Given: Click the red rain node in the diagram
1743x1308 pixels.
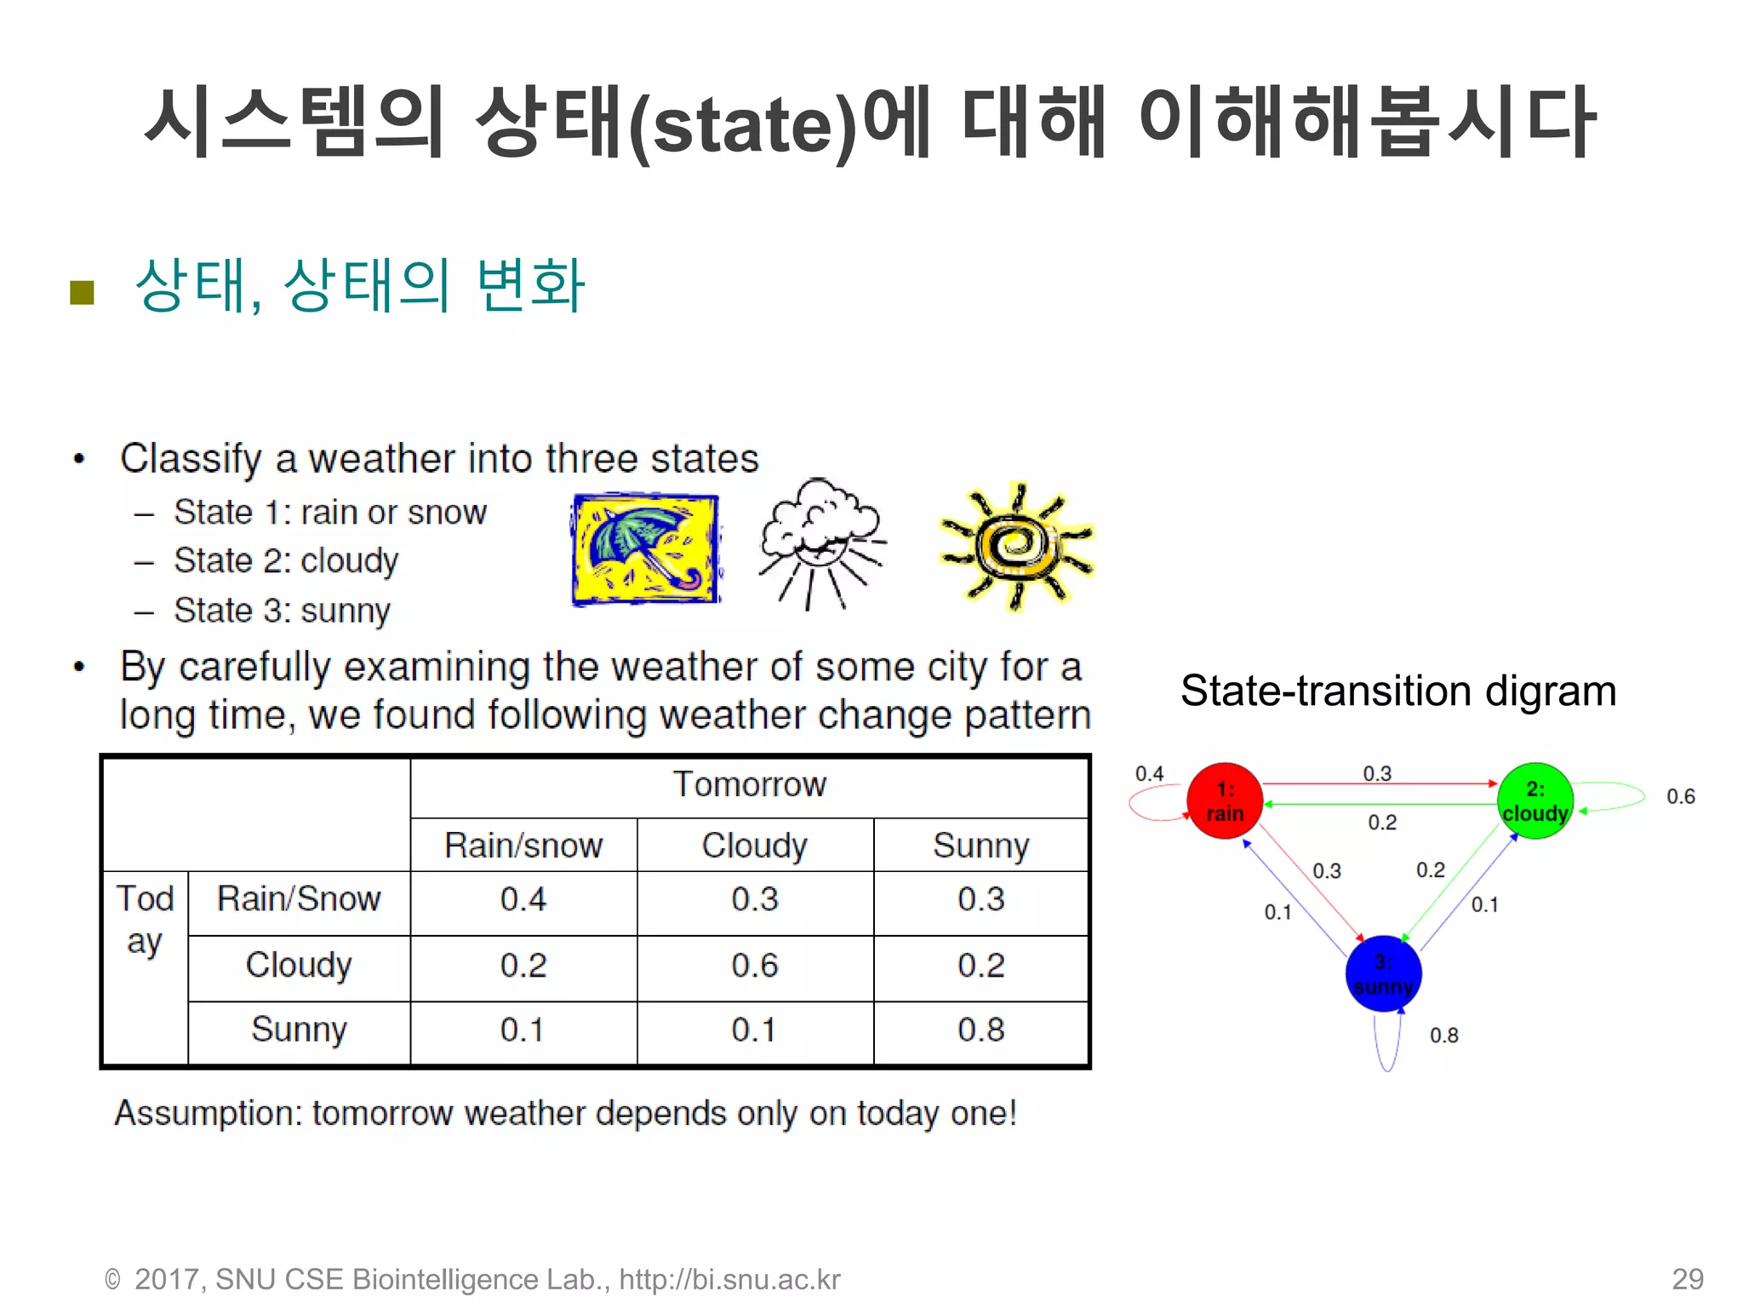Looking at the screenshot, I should (x=1224, y=800).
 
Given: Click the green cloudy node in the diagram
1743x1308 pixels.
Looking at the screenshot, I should (x=1534, y=800).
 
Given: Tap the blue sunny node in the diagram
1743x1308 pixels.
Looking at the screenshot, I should (x=1383, y=973).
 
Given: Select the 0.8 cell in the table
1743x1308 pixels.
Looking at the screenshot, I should (x=980, y=1030).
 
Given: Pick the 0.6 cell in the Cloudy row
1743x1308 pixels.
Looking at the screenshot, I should (x=754, y=966).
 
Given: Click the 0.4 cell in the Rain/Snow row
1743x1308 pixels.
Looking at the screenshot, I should (x=523, y=900).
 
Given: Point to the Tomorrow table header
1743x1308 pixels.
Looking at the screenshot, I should (x=749, y=784).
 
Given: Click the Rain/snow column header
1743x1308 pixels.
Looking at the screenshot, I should (x=523, y=846).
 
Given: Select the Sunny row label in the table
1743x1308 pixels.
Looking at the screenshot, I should (x=299, y=1030).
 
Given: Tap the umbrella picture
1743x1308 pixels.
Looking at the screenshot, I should (x=645, y=549).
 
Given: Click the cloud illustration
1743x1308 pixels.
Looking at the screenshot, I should (x=820, y=542).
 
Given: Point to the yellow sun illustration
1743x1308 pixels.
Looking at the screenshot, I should (x=1016, y=545).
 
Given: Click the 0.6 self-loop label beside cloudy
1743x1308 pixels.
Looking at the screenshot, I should (x=1680, y=797).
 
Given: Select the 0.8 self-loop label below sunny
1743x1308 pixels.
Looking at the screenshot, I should (x=1443, y=1035).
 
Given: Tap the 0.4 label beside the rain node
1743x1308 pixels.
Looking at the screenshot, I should (x=1149, y=774).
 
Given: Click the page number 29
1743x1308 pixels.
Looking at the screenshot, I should (x=1687, y=1279).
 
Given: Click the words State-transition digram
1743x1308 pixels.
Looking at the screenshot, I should (x=1397, y=691).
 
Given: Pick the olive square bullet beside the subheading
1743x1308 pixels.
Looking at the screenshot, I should (x=82, y=292).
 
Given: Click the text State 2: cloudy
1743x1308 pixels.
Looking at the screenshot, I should (x=286, y=561).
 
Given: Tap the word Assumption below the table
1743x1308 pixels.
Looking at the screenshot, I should (x=209, y=1114).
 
